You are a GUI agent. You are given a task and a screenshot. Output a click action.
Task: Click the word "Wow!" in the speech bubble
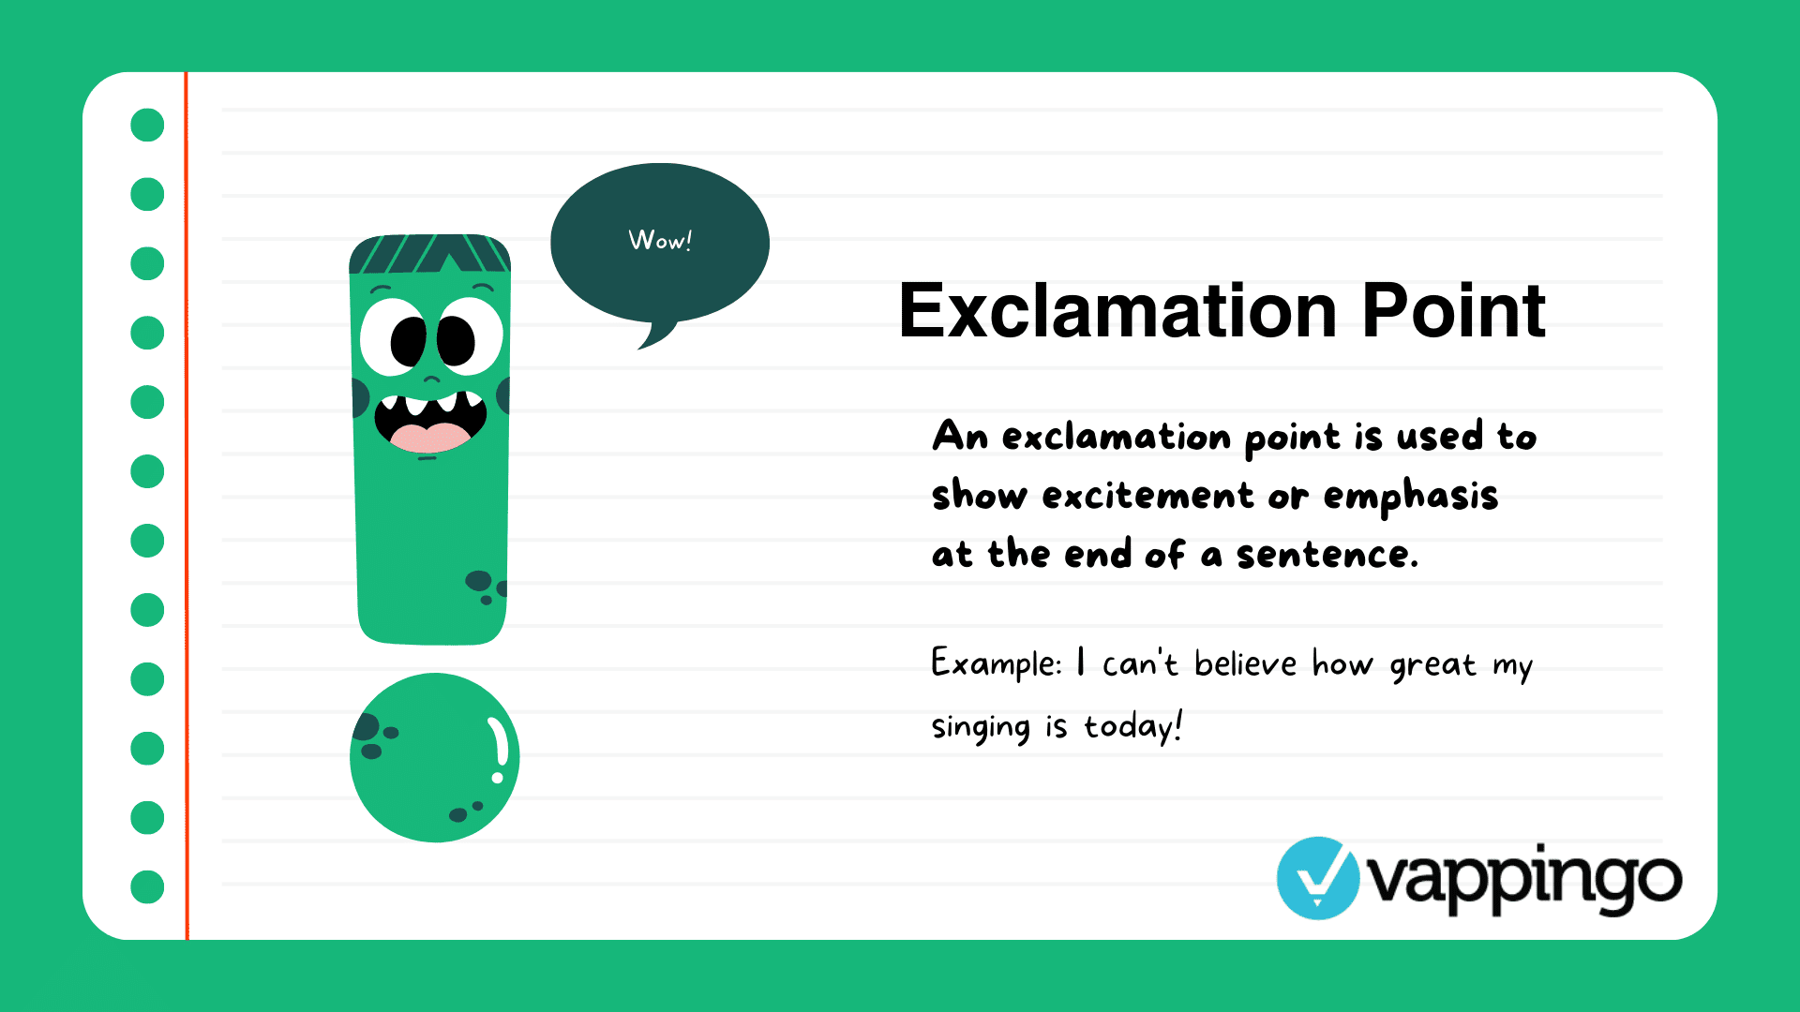660,241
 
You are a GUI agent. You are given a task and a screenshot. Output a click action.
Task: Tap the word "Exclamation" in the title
1117,311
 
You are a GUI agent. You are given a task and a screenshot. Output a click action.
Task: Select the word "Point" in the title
1452,311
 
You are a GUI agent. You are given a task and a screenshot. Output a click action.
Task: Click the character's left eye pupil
409,341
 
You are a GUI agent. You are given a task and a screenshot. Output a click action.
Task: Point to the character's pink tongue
429,437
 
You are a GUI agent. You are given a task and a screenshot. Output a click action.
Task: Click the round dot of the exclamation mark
434,757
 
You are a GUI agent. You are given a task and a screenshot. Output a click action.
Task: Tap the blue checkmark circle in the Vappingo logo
1317,878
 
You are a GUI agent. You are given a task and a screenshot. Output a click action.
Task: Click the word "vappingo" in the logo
1524,880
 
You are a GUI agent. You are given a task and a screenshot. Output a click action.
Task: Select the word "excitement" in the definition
1147,496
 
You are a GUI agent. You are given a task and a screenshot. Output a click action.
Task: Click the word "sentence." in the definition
1327,555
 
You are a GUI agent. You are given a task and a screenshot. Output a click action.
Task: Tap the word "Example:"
996,664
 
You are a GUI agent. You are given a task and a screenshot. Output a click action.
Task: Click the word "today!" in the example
1133,726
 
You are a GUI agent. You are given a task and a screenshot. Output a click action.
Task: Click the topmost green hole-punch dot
147,125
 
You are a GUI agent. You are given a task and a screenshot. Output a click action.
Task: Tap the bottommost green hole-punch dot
147,886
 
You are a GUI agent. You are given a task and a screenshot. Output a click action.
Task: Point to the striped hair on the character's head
429,253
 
